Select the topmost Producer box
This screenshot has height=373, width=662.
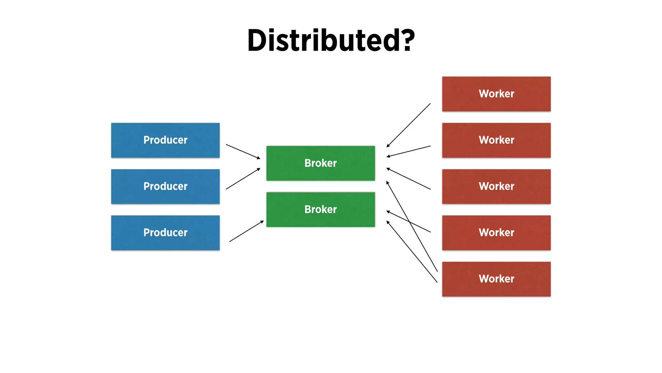click(165, 140)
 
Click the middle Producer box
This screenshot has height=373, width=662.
click(165, 186)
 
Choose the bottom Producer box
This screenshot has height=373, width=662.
click(165, 233)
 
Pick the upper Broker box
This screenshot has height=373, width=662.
click(320, 163)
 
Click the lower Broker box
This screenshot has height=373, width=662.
click(320, 209)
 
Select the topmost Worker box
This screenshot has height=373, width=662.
click(496, 94)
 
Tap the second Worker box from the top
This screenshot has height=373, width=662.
click(496, 140)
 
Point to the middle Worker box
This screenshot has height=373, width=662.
click(496, 186)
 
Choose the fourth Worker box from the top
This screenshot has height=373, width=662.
click(496, 233)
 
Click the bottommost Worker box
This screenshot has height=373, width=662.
click(496, 279)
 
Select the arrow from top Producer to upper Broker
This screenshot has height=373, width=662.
click(243, 152)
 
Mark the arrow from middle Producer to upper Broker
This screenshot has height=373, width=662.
click(243, 179)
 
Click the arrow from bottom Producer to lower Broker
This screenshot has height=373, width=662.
click(246, 231)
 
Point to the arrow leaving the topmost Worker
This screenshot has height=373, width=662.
click(409, 125)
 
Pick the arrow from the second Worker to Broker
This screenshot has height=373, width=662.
click(409, 152)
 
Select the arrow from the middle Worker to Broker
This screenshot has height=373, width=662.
click(409, 178)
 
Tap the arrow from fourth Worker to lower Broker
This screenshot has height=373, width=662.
click(420, 227)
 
